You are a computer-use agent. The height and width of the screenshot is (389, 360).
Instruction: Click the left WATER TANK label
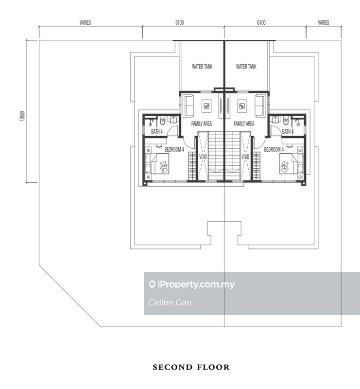pyautogui.click(x=202, y=67)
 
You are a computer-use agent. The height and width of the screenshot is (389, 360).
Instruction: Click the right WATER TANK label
pyautogui.click(x=245, y=67)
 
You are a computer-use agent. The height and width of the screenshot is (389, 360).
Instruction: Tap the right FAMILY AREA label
pyautogui.click(x=244, y=124)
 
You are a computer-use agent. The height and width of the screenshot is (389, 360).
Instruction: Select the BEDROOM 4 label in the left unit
pyautogui.click(x=174, y=150)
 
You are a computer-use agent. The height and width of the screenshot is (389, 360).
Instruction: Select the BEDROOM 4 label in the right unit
pyautogui.click(x=274, y=150)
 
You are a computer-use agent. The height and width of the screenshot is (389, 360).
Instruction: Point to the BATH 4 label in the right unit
pyautogui.click(x=288, y=131)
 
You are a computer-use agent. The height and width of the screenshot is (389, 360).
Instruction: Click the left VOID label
pyautogui.click(x=203, y=158)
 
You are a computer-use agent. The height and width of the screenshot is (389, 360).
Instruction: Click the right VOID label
pyautogui.click(x=245, y=158)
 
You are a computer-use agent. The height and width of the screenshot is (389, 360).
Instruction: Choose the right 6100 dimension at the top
pyautogui.click(x=261, y=22)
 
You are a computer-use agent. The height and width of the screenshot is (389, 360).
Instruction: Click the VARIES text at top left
pyautogui.click(x=86, y=22)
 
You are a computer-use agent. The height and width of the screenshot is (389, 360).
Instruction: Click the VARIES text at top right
pyautogui.click(x=324, y=22)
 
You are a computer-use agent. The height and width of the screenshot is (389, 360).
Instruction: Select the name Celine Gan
pyautogui.click(x=163, y=302)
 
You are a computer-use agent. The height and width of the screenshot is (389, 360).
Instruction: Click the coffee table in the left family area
pyautogui.click(x=207, y=106)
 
